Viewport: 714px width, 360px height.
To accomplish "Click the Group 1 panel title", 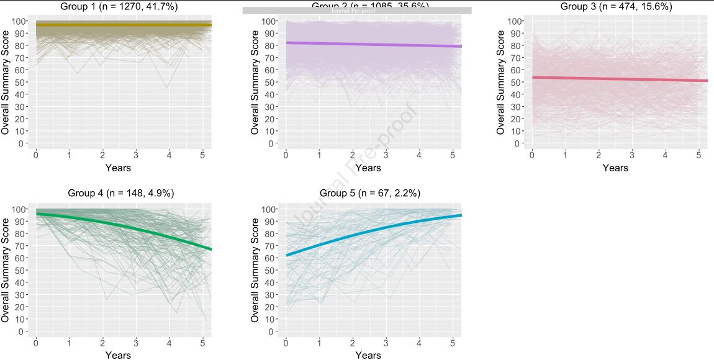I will (118, 6).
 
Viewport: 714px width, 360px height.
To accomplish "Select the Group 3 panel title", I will (616, 6).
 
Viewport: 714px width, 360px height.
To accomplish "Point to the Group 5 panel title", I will (370, 193).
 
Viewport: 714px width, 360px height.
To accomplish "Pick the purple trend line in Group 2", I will (373, 44).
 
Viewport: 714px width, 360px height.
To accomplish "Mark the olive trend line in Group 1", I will (124, 24).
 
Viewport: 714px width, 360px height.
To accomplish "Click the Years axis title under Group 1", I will (118, 168).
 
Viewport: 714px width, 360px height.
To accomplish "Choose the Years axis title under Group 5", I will (368, 355).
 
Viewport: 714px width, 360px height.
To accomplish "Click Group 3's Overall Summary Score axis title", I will (501, 83).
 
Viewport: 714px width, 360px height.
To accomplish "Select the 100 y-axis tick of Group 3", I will (515, 21).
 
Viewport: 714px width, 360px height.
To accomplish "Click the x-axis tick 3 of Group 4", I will (136, 342).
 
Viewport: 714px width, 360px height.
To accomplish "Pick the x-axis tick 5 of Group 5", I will (452, 342).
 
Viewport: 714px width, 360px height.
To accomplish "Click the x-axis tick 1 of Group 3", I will (565, 154).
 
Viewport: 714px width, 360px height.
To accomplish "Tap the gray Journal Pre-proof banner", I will (357, 11).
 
